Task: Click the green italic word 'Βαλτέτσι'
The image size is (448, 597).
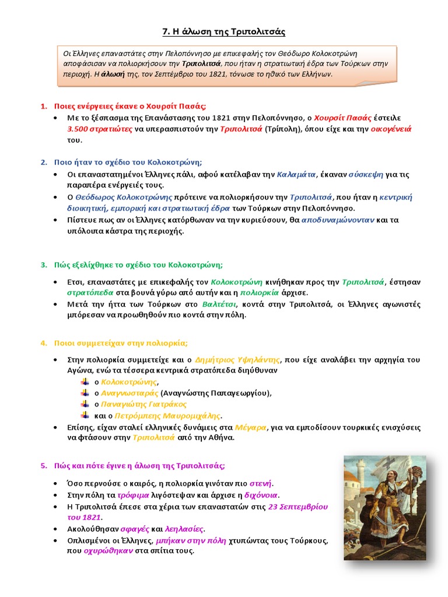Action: point(219,304)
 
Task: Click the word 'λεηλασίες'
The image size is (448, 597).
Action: point(183,529)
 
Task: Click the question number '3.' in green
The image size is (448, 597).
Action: point(44,265)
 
